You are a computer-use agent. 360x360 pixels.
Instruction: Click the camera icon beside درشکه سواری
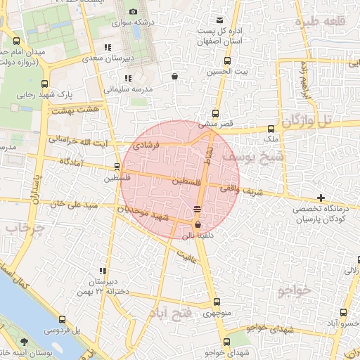pos(134,12)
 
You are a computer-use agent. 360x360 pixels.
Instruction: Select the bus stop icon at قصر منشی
pos(215,113)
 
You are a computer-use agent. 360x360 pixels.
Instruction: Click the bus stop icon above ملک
pos(271,129)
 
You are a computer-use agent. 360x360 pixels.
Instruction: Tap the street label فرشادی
pos(147,144)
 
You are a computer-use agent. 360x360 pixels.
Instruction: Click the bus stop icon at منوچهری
pos(217,303)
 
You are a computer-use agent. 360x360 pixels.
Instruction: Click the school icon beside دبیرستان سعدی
pos(107,48)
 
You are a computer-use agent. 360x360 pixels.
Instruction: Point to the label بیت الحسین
pos(226,72)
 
